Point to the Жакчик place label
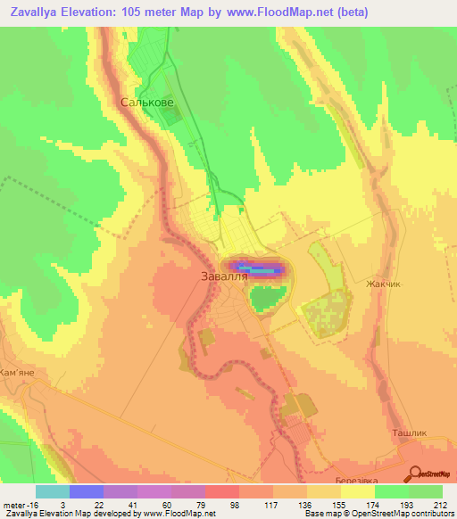(385, 284)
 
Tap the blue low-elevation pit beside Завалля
(260, 269)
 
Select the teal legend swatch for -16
(53, 491)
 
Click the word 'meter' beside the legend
(15, 504)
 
